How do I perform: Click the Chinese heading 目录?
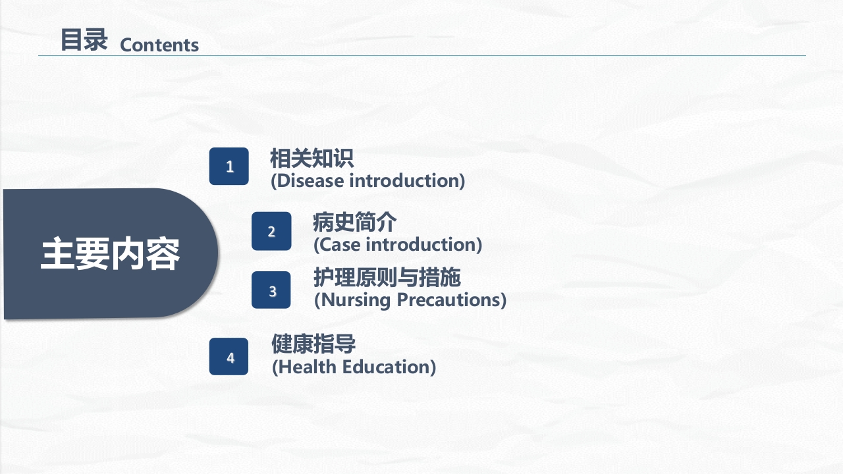point(84,39)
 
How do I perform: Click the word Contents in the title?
point(159,45)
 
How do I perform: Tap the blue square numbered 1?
point(229,167)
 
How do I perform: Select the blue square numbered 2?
point(271,231)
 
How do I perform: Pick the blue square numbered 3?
point(271,290)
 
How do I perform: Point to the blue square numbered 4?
point(229,357)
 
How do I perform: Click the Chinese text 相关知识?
point(312,159)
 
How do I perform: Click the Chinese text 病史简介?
point(354,222)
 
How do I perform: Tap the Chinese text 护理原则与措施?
point(387,277)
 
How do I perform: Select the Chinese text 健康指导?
point(313,344)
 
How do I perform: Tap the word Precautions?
point(449,300)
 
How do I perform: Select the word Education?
point(386,367)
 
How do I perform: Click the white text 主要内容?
point(110,254)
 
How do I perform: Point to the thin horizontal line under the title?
point(422,56)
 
